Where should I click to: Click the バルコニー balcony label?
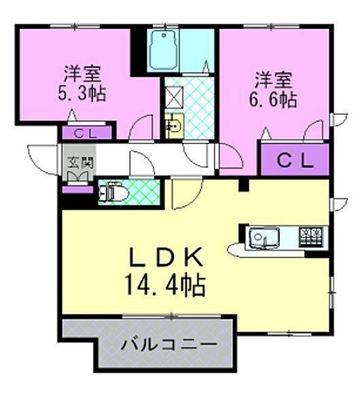click(x=169, y=345)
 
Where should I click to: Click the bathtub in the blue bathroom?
click(x=163, y=49)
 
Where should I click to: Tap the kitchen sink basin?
click(x=261, y=237)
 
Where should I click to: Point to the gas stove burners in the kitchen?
click(x=312, y=236)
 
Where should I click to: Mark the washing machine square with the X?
click(x=173, y=94)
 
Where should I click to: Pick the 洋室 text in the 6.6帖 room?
click(x=273, y=79)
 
